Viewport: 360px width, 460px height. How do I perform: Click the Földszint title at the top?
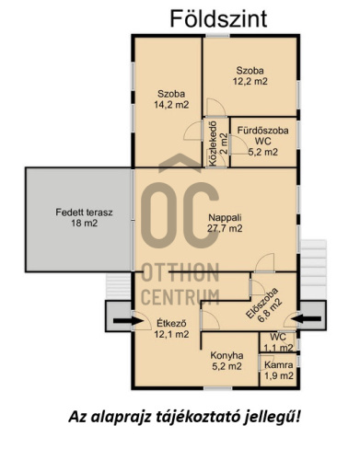(218, 18)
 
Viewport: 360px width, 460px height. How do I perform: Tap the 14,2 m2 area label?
(171, 105)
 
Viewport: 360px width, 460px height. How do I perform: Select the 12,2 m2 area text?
(250, 81)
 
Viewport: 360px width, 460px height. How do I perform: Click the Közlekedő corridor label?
(214, 144)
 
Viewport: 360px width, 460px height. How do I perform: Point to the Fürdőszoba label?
(263, 131)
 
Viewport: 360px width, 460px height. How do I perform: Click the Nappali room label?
(225, 218)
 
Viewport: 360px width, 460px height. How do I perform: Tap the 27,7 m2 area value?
(225, 228)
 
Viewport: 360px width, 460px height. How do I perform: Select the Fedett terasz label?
(84, 213)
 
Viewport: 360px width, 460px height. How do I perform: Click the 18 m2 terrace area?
(85, 223)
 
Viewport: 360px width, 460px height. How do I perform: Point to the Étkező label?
(171, 323)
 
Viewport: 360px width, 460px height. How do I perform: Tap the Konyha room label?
(226, 356)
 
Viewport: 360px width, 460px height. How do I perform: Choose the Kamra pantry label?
(278, 365)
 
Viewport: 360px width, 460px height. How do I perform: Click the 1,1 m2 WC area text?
(278, 348)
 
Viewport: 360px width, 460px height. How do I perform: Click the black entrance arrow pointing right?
(128, 321)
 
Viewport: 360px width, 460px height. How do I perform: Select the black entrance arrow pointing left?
(307, 319)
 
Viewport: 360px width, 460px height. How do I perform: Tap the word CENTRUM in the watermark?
(180, 296)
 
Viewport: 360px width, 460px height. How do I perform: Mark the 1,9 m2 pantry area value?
(279, 375)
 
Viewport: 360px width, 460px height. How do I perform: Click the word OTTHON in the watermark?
(180, 272)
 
